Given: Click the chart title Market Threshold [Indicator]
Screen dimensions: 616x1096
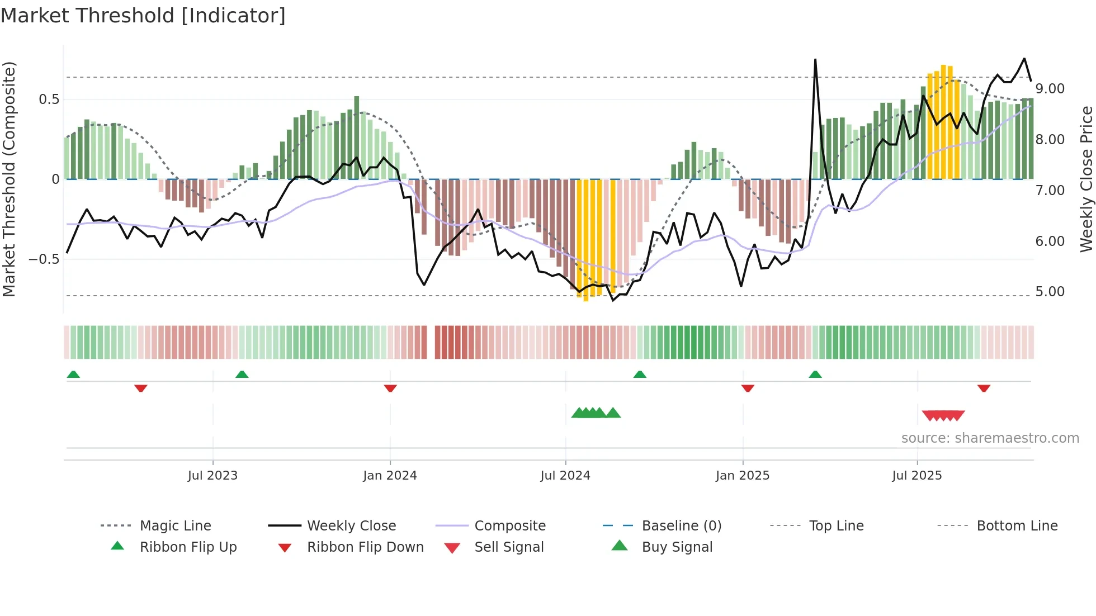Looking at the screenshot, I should point(143,16).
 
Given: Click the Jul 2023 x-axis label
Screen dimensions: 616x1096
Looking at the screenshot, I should point(212,476).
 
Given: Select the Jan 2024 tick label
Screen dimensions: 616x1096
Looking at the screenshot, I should point(390,476).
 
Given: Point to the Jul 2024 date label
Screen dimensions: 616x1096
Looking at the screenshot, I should point(565,476).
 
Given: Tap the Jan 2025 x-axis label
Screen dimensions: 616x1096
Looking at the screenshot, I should point(743,476).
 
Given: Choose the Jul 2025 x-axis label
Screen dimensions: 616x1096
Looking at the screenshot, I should point(917,476).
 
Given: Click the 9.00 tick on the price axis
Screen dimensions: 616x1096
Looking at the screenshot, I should point(1050,89).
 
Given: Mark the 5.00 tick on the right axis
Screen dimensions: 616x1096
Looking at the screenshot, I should point(1050,292).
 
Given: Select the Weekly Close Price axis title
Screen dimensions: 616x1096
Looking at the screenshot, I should point(1086,179).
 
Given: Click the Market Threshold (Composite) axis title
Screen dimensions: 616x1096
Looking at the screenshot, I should point(9,179).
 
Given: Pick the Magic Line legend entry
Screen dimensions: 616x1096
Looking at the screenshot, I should point(175,526).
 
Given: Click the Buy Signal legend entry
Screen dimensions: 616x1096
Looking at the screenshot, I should point(677,547).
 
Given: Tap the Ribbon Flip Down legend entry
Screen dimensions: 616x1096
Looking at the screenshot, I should point(365,547).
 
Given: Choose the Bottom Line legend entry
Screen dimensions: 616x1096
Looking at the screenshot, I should point(1017,526).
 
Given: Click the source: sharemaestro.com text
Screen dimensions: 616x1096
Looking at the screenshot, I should point(990,438).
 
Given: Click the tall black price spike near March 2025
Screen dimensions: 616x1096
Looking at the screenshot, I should point(815,61).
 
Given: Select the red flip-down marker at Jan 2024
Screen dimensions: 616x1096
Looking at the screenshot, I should point(390,388).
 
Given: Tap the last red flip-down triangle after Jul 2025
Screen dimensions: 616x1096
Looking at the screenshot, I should point(984,388).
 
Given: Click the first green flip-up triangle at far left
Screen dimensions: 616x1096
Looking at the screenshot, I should point(73,375).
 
